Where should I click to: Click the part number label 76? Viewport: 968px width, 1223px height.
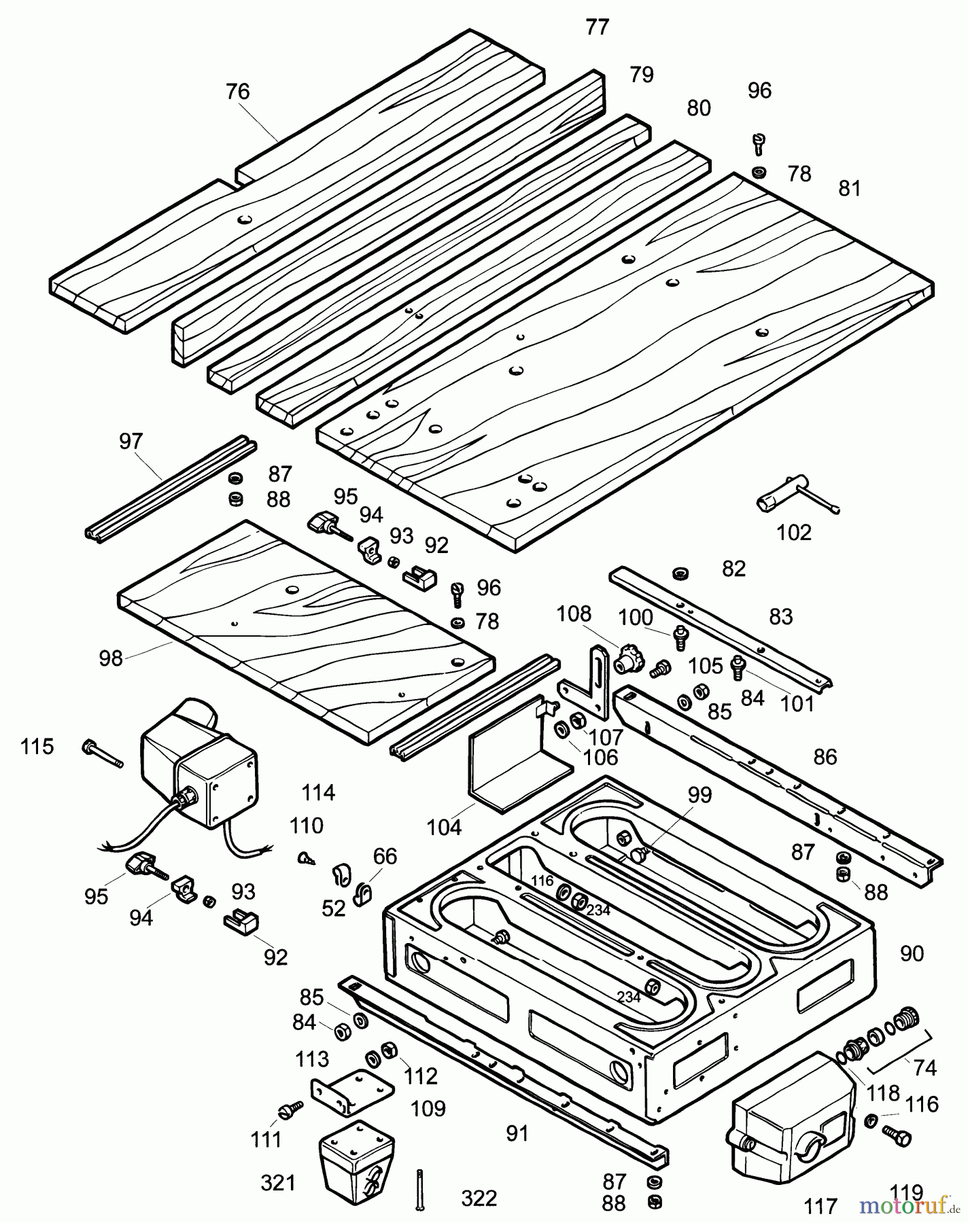238,92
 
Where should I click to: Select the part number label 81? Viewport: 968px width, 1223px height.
850,188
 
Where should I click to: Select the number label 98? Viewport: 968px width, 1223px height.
111,658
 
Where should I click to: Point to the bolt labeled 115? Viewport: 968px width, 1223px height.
102,754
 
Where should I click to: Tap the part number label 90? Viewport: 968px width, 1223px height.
912,953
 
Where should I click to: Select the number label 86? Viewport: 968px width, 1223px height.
825,756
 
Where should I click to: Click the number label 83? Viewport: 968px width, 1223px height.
780,616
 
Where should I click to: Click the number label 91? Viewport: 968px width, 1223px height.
517,1133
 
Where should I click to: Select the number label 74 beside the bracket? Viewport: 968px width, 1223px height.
925,1067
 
